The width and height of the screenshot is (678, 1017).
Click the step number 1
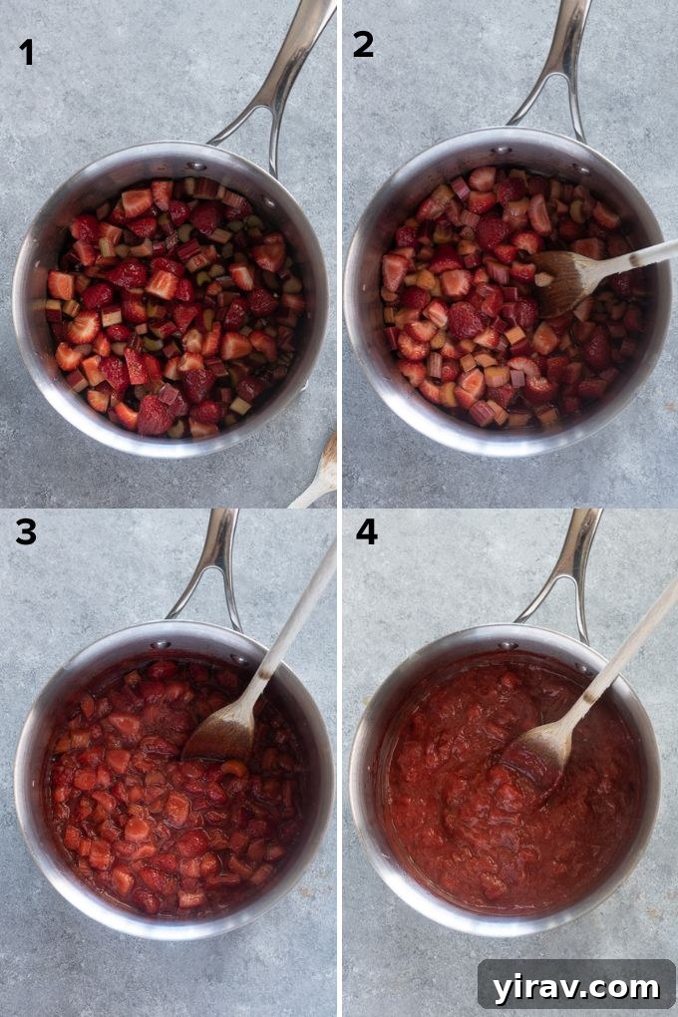pos(27,53)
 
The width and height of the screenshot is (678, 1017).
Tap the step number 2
pos(364,45)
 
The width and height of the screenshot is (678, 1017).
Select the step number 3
pos(26,532)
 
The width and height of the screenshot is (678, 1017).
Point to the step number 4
pos(367,531)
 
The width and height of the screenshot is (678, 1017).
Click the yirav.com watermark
pos(576,986)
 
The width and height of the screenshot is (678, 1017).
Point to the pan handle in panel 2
pos(559,70)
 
